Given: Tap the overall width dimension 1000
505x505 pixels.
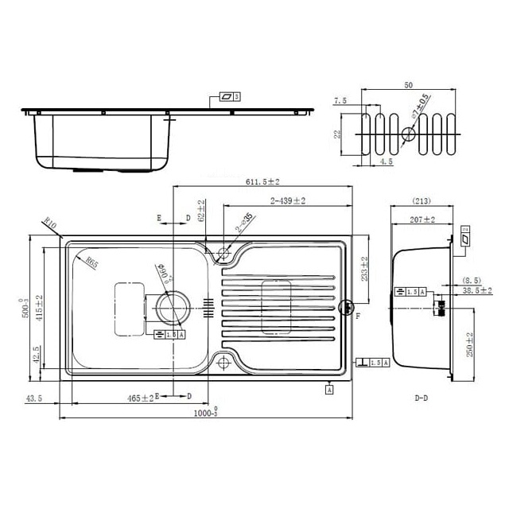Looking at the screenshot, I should tap(206, 414).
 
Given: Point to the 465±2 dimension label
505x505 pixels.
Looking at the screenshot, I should tap(141, 397).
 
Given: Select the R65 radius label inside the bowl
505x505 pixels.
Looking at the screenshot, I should tap(91, 262).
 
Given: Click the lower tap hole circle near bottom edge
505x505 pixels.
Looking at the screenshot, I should tap(222, 363).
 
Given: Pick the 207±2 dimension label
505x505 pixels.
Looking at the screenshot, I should tap(422, 219).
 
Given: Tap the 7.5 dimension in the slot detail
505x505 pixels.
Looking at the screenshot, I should tap(340, 101).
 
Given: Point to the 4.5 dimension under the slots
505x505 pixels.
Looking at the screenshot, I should tap(386, 161).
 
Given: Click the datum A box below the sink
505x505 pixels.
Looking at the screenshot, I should tap(329, 389).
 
